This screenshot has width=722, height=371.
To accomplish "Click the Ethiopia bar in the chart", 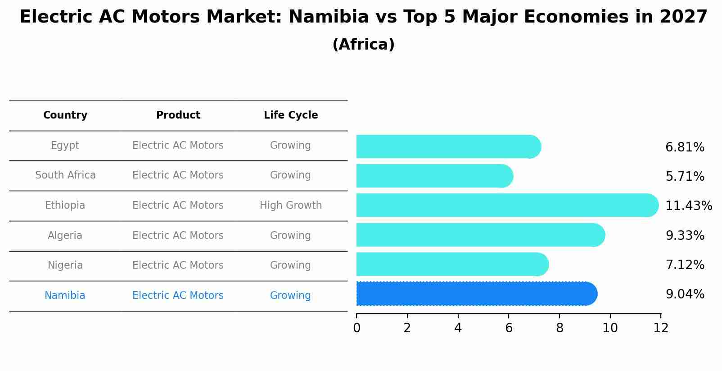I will coord(504,205).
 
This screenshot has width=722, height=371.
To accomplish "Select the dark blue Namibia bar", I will coord(475,294).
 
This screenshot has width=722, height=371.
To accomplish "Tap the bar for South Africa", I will coord(432,176).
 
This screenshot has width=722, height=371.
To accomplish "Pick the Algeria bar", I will coord(479,235).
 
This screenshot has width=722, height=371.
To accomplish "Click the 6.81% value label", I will coord(685,147).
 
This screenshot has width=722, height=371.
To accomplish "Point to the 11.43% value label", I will coord(688,206).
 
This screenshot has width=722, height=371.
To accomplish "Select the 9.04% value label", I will coord(685,294).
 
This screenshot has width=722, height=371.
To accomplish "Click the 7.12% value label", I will coord(685,265).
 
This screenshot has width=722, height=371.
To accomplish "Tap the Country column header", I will coord(65,115).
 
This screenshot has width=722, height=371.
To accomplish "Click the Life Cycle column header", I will coord(291,115).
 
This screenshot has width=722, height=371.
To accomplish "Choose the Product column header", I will coord(178,115).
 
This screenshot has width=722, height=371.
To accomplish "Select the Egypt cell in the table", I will coord(65,146).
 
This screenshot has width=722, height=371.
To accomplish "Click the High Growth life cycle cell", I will coord(291,206).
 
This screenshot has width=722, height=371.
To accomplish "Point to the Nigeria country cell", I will coord(65,266).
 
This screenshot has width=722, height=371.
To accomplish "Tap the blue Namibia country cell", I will coord(65,296).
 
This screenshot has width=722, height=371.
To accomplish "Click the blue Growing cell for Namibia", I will coord(290,296).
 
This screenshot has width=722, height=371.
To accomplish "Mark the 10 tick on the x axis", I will coord(610,328).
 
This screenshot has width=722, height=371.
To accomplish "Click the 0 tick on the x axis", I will coord(356,328).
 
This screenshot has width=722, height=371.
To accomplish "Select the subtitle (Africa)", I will coord(363,45).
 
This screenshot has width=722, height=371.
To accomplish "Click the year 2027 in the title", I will coord(684,17).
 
